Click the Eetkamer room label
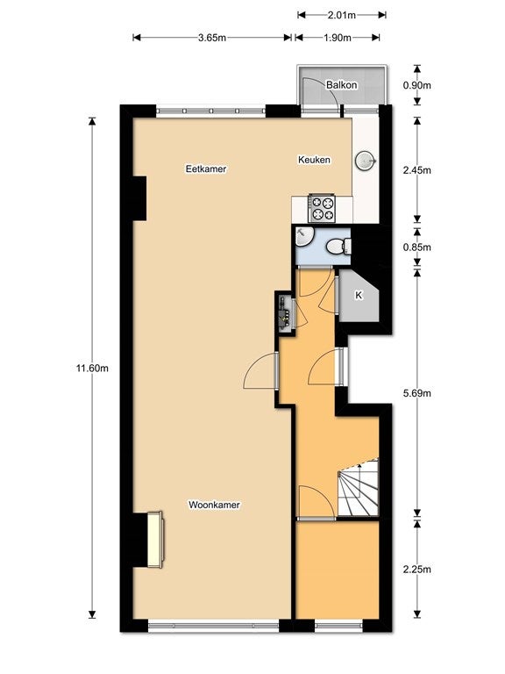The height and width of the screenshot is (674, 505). pyautogui.click(x=206, y=168)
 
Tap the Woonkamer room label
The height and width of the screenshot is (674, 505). pyautogui.click(x=214, y=505)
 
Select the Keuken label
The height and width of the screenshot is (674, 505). pyautogui.click(x=315, y=160)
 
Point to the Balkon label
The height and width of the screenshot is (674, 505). pyautogui.click(x=341, y=84)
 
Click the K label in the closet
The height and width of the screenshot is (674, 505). pyautogui.click(x=359, y=295)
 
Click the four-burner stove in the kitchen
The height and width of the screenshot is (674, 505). pyautogui.click(x=322, y=209)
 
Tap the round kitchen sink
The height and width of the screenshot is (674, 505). pyautogui.click(x=365, y=161)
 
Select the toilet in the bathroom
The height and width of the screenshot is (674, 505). pyautogui.click(x=338, y=247)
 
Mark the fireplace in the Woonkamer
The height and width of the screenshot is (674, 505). pyautogui.click(x=155, y=540)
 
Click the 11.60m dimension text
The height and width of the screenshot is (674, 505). pyautogui.click(x=92, y=369)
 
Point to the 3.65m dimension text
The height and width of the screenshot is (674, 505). pyautogui.click(x=211, y=38)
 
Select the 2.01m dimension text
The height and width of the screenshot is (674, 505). pyautogui.click(x=341, y=16)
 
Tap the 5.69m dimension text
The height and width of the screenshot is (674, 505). pyautogui.click(x=417, y=393)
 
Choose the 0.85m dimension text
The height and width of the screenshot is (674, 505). pyautogui.click(x=417, y=247)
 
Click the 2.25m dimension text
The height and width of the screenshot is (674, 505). pyautogui.click(x=417, y=570)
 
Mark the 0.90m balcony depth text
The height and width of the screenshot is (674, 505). pyautogui.click(x=417, y=85)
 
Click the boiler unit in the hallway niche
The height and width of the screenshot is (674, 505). pyautogui.click(x=285, y=312)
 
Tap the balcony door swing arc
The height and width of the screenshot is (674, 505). pyautogui.click(x=326, y=86)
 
